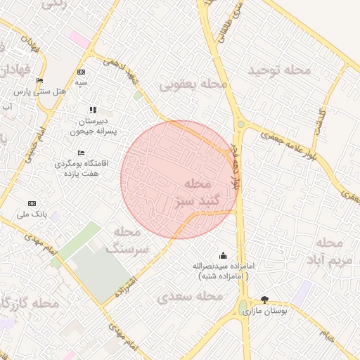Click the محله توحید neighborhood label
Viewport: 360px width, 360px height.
click(279, 70)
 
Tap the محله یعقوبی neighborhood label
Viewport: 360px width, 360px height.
click(193, 85)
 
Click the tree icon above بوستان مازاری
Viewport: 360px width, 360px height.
click(264, 300)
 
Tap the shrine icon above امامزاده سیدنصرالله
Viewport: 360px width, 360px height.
click(224, 255)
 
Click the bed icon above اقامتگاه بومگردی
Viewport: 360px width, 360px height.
click(81, 153)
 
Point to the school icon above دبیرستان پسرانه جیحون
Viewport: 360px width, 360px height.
click(93, 110)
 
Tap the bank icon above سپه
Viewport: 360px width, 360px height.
click(82, 72)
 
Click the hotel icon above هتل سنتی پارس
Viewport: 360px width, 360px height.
click(39, 81)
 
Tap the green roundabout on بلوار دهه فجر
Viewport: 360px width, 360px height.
click(241, 125)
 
